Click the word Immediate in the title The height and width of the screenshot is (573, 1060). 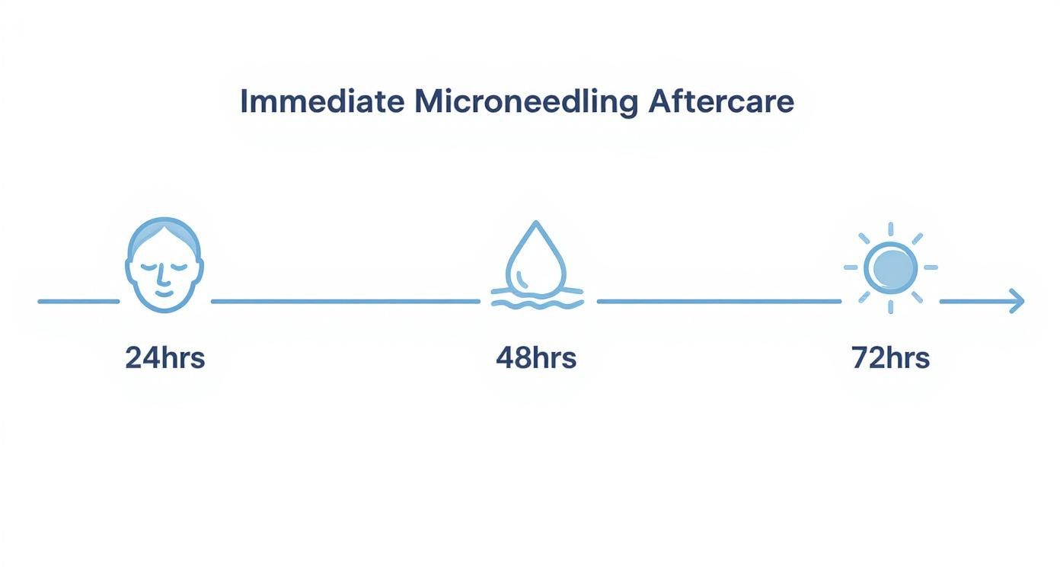click(x=321, y=102)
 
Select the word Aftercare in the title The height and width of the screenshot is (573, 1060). click(x=720, y=102)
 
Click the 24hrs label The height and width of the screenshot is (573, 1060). click(x=165, y=357)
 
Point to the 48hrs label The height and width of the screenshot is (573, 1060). click(x=536, y=357)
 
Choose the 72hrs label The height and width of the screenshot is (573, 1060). click(x=890, y=357)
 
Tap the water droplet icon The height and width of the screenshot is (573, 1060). click(x=536, y=259)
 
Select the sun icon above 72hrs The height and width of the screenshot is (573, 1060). click(x=891, y=267)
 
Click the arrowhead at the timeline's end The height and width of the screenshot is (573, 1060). click(x=1018, y=301)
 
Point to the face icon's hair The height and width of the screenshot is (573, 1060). click(x=164, y=229)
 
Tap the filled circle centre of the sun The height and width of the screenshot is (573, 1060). click(x=891, y=267)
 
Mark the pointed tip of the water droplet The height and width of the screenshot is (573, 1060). click(x=536, y=223)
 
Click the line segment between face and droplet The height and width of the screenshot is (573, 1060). click(x=345, y=301)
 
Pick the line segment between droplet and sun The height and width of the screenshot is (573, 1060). click(x=718, y=301)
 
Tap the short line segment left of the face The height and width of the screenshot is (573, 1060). click(x=78, y=301)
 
